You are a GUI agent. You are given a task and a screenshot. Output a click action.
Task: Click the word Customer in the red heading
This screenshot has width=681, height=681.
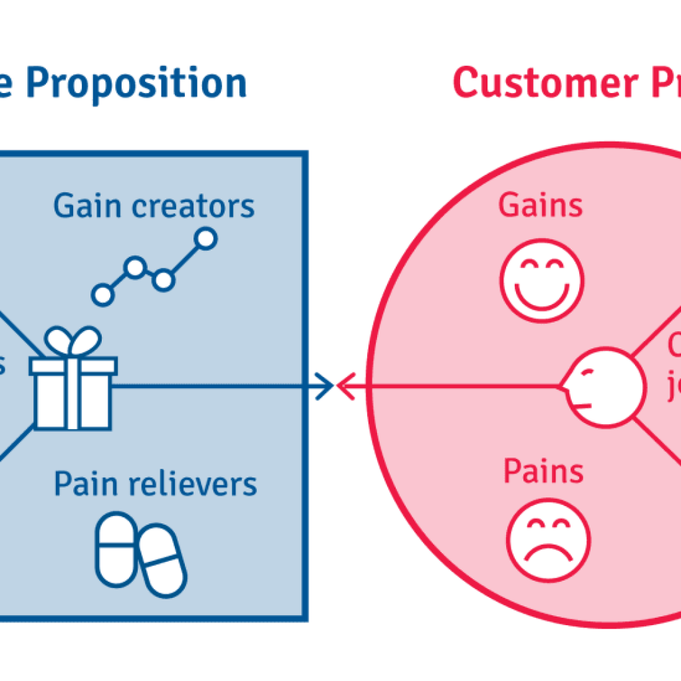pyautogui.click(x=543, y=84)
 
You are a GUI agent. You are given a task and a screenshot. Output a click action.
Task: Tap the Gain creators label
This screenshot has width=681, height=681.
pyautogui.click(x=154, y=206)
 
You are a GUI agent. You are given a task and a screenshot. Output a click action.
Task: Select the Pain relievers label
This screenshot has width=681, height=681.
pyautogui.click(x=155, y=484)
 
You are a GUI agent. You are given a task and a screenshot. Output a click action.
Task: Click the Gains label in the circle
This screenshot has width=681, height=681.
pyautogui.click(x=541, y=205)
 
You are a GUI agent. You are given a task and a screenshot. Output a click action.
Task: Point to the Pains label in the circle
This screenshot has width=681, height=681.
pyautogui.click(x=543, y=471)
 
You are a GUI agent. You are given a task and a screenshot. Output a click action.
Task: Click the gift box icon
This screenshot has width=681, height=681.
pyautogui.click(x=72, y=392)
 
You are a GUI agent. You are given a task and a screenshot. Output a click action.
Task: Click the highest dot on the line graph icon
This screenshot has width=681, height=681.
pyautogui.click(x=206, y=238)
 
